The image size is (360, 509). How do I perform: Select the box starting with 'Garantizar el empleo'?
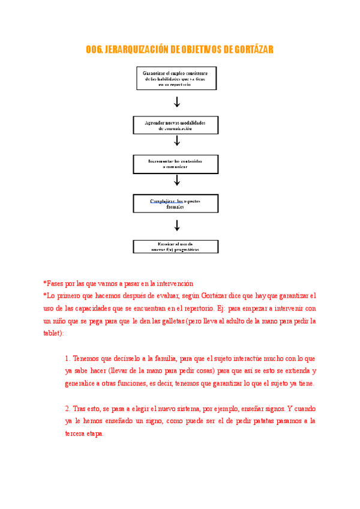pyautogui.click(x=176, y=79)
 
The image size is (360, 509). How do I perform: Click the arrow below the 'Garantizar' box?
pyautogui.click(x=177, y=102)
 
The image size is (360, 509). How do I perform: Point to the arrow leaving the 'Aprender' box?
pyautogui.click(x=177, y=141)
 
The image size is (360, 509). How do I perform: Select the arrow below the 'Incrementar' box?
pyautogui.click(x=177, y=180)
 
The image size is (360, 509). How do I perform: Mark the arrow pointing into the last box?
pyautogui.click(x=177, y=226)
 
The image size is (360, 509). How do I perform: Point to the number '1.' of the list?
pyautogui.click(x=68, y=359)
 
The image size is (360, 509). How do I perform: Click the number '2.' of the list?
pyautogui.click(x=68, y=409)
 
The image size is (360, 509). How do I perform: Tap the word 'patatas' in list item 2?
pyautogui.click(x=256, y=421)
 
